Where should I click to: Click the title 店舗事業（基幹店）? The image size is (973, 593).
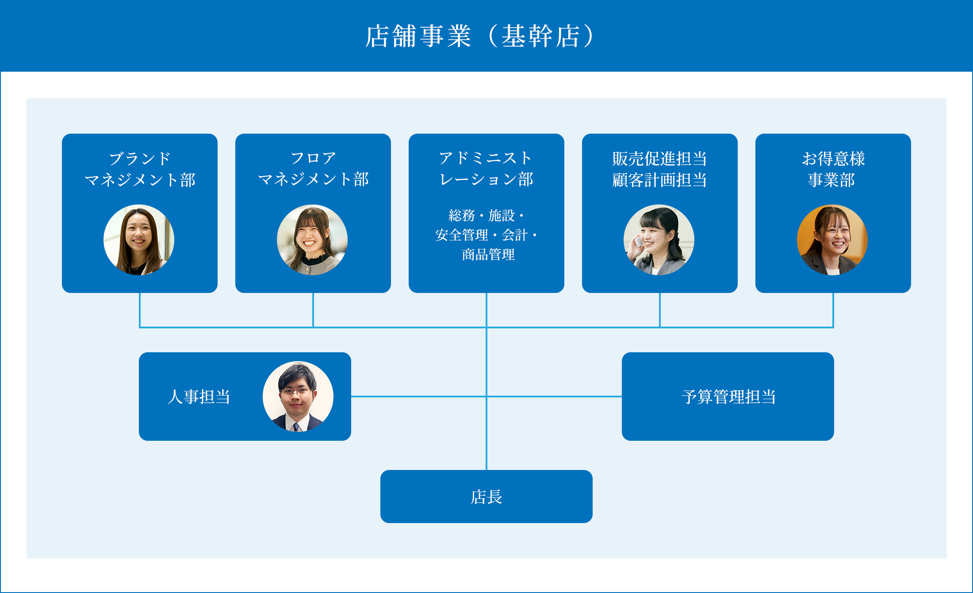point(480,36)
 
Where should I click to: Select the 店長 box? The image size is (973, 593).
point(486,497)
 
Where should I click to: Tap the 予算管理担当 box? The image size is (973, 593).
point(728,397)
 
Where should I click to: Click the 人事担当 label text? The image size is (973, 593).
point(199,397)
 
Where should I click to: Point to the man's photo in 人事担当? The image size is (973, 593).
point(298,397)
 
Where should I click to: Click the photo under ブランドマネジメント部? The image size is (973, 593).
point(139,240)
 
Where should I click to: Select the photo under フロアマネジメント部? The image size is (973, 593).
point(312,240)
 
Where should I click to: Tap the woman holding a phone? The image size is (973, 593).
point(659,240)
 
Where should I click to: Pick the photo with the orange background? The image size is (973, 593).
point(832,240)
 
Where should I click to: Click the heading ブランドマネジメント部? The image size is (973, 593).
point(140,169)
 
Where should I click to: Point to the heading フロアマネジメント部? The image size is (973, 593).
point(313,169)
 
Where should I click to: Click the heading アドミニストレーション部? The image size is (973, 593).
point(486,169)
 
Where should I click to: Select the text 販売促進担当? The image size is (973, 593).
point(659,158)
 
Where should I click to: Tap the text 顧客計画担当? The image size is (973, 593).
point(659,180)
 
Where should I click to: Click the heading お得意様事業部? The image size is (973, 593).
point(833,169)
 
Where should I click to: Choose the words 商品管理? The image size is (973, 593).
point(488,254)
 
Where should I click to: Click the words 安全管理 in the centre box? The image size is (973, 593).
point(462,235)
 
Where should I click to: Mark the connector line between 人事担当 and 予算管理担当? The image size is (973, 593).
point(420,397)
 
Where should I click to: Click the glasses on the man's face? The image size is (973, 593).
point(296,392)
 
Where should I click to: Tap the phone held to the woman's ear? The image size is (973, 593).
point(638,243)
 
